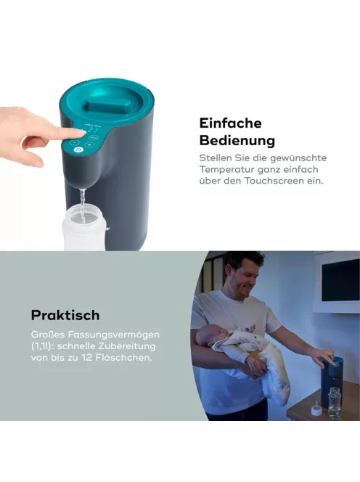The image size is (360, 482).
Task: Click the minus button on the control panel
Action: point(74,142)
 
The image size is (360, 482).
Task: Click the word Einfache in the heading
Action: point(230,123)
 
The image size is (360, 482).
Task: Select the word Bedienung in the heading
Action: point(237,141)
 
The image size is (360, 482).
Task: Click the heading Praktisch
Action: point(65,315)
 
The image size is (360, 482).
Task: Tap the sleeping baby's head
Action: point(207,335)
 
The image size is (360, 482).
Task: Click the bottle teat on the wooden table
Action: point(316,409)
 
